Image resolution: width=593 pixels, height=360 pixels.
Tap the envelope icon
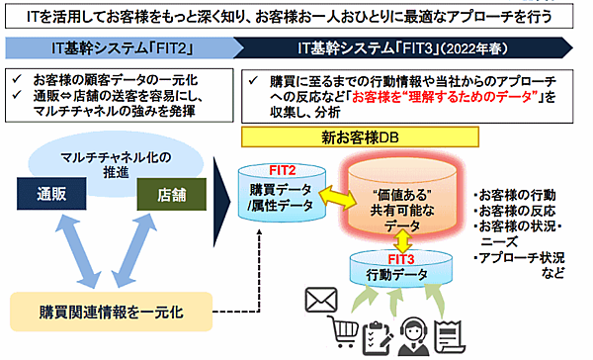tap(322, 299)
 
